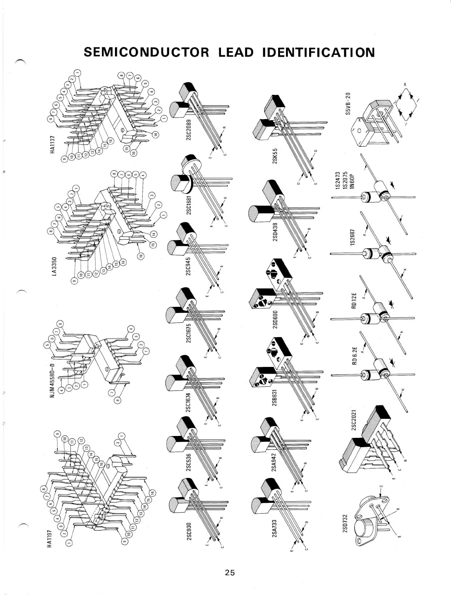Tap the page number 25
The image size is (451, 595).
pyautogui.click(x=229, y=572)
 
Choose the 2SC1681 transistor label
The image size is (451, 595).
pyautogui.click(x=189, y=206)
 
